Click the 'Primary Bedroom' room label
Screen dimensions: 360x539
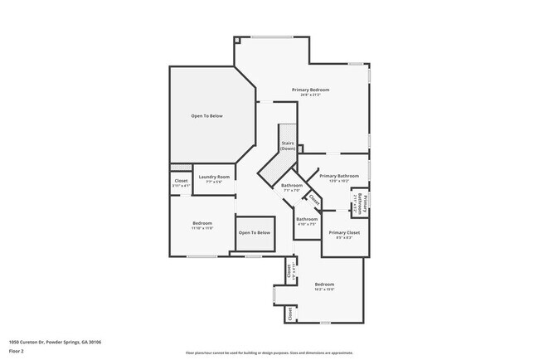pyautogui.click(x=310, y=89)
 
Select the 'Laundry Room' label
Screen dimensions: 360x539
pyautogui.click(x=215, y=176)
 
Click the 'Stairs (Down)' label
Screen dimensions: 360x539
pyautogui.click(x=288, y=145)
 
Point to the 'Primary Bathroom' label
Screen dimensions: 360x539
pyautogui.click(x=338, y=176)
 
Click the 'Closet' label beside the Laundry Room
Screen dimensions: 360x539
pyautogui.click(x=181, y=181)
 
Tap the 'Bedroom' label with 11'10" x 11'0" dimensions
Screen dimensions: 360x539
pyautogui.click(x=203, y=223)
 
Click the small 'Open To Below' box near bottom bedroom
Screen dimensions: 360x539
pyautogui.click(x=255, y=232)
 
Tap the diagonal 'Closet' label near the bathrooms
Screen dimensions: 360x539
pyautogui.click(x=314, y=201)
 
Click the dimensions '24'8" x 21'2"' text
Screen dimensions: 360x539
pyautogui.click(x=310, y=95)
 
